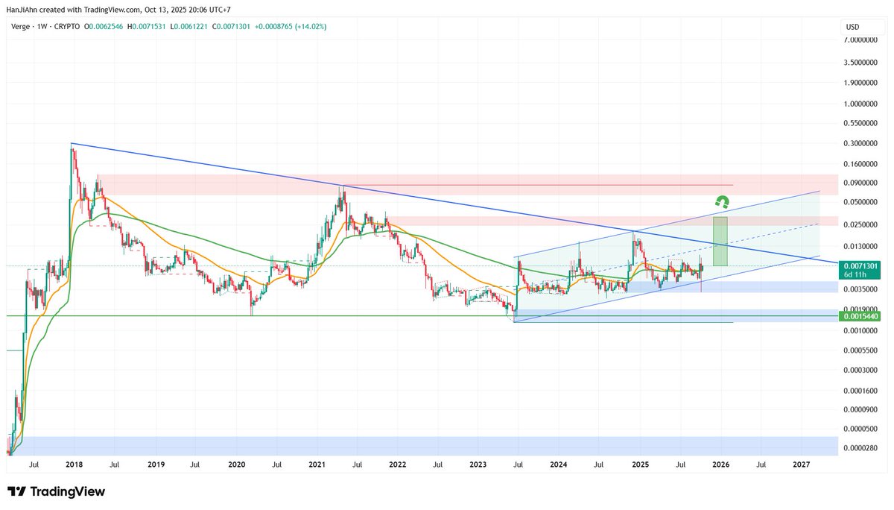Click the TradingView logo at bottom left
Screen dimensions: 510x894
pos(56,491)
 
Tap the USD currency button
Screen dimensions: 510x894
pos(852,27)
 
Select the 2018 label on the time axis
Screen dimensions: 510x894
pos(74,464)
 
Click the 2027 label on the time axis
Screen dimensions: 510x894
pos(801,464)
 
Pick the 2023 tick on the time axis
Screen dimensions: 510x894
pos(478,464)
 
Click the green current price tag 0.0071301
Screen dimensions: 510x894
pos(863,266)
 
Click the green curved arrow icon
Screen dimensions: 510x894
pos(720,201)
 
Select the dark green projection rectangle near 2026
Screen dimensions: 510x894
pos(720,241)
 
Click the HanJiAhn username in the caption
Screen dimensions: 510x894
pos(23,9)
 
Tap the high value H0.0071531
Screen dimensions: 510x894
pos(147,27)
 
